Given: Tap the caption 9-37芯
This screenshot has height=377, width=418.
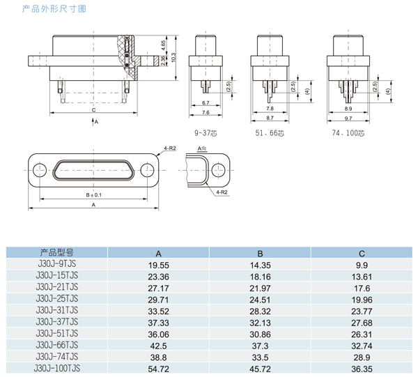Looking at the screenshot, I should (206, 131).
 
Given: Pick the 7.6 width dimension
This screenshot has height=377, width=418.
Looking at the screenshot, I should (206, 112).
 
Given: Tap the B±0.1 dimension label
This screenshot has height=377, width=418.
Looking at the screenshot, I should (93, 195).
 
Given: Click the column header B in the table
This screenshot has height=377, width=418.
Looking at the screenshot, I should (260, 254).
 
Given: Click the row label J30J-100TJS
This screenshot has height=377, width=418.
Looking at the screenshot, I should (56, 367).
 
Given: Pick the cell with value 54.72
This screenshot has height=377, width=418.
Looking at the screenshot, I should (158, 367).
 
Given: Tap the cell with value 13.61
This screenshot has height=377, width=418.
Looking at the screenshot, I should (362, 276).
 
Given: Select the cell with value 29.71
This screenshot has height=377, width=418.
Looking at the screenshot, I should (158, 299).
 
